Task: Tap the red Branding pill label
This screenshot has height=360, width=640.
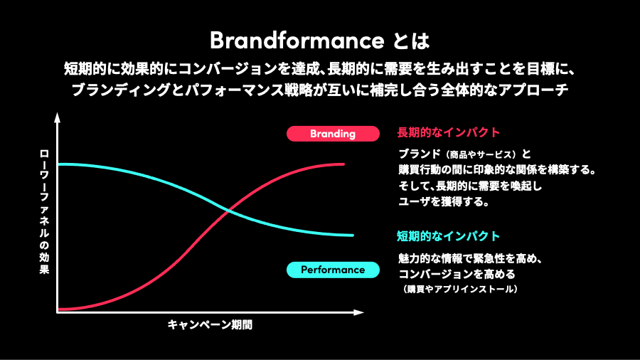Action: click(332, 133)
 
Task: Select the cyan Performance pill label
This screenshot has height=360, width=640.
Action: click(332, 270)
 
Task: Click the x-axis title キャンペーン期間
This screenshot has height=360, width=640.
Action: click(210, 325)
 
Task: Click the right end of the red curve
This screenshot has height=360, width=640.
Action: click(344, 164)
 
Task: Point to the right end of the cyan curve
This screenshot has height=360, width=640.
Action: click(352, 235)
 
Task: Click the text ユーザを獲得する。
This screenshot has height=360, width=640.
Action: click(442, 201)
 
